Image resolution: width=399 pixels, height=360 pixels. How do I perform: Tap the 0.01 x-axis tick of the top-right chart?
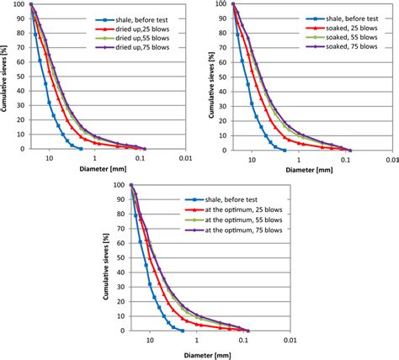[x=388, y=156]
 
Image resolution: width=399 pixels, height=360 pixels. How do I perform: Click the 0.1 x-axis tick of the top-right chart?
[x=343, y=156]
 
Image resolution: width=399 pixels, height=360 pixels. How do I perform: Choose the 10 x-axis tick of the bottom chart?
[x=150, y=340]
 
